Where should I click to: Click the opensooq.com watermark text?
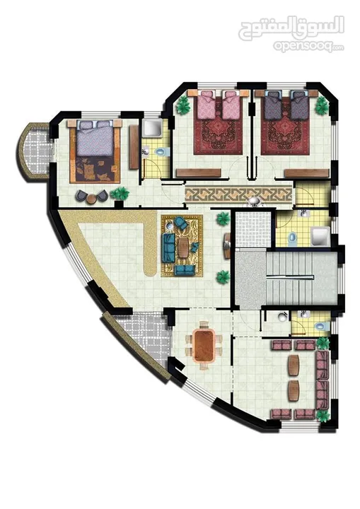(308, 47)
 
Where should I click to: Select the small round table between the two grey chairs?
(92, 198)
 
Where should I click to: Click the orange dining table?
(204, 346)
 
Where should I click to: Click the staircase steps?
(289, 279)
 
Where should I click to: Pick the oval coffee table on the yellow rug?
(184, 247)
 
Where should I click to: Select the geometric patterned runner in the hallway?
(238, 195)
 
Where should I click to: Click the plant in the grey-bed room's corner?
(323, 105)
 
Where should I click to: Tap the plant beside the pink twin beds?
(183, 105)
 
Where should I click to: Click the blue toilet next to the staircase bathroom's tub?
(292, 238)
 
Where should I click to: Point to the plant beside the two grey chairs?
(120, 194)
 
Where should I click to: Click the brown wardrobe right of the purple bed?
(134, 147)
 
